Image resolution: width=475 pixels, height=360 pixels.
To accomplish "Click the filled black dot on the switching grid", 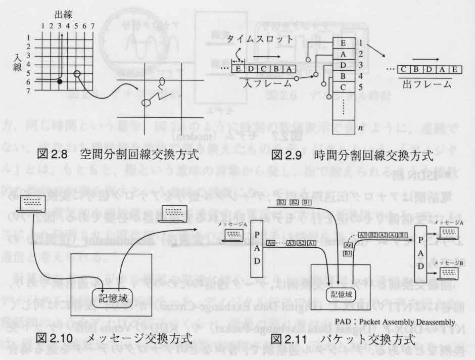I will [60, 81].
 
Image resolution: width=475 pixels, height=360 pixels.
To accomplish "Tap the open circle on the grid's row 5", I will [77, 74].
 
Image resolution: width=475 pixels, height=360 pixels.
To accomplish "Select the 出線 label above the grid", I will [61, 16].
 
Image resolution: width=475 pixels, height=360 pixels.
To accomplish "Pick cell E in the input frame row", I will [239, 68].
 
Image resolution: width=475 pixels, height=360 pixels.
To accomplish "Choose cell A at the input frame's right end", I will [289, 68].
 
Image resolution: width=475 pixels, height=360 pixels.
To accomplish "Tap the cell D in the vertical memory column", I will [344, 65].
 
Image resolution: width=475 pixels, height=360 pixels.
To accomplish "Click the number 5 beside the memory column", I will [360, 87].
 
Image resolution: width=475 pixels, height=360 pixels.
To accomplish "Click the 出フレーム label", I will [428, 85].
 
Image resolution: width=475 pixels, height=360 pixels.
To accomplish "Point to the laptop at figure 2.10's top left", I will [32, 205].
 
